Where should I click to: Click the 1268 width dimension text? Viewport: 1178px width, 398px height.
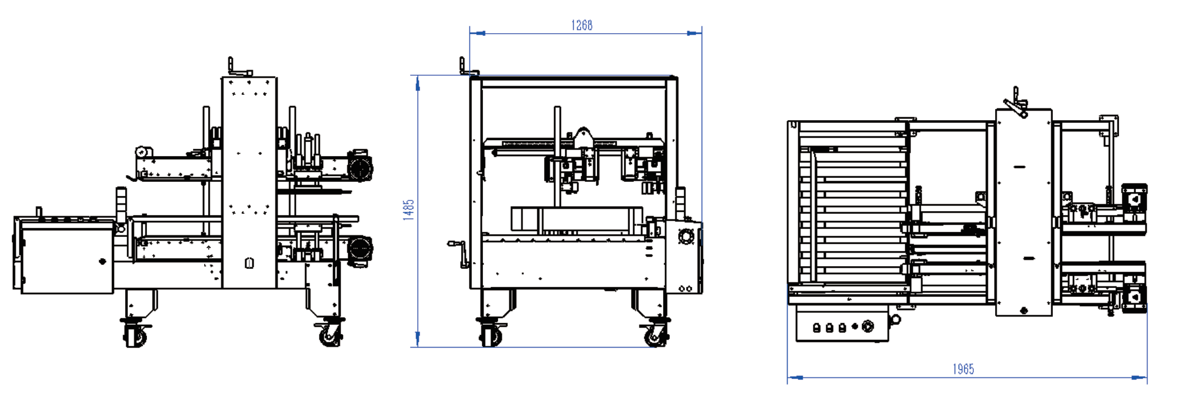582,25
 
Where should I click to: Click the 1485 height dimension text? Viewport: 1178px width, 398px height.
408,210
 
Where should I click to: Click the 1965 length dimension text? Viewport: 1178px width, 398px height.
963,369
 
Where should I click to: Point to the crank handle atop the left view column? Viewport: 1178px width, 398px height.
240,67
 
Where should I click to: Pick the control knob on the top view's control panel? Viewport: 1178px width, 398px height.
868,326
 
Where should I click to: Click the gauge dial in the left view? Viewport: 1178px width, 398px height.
144,152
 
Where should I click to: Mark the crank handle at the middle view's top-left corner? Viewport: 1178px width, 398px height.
469,66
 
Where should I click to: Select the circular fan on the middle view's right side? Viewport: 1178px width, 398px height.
685,236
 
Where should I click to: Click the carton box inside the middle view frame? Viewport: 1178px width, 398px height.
577,219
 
